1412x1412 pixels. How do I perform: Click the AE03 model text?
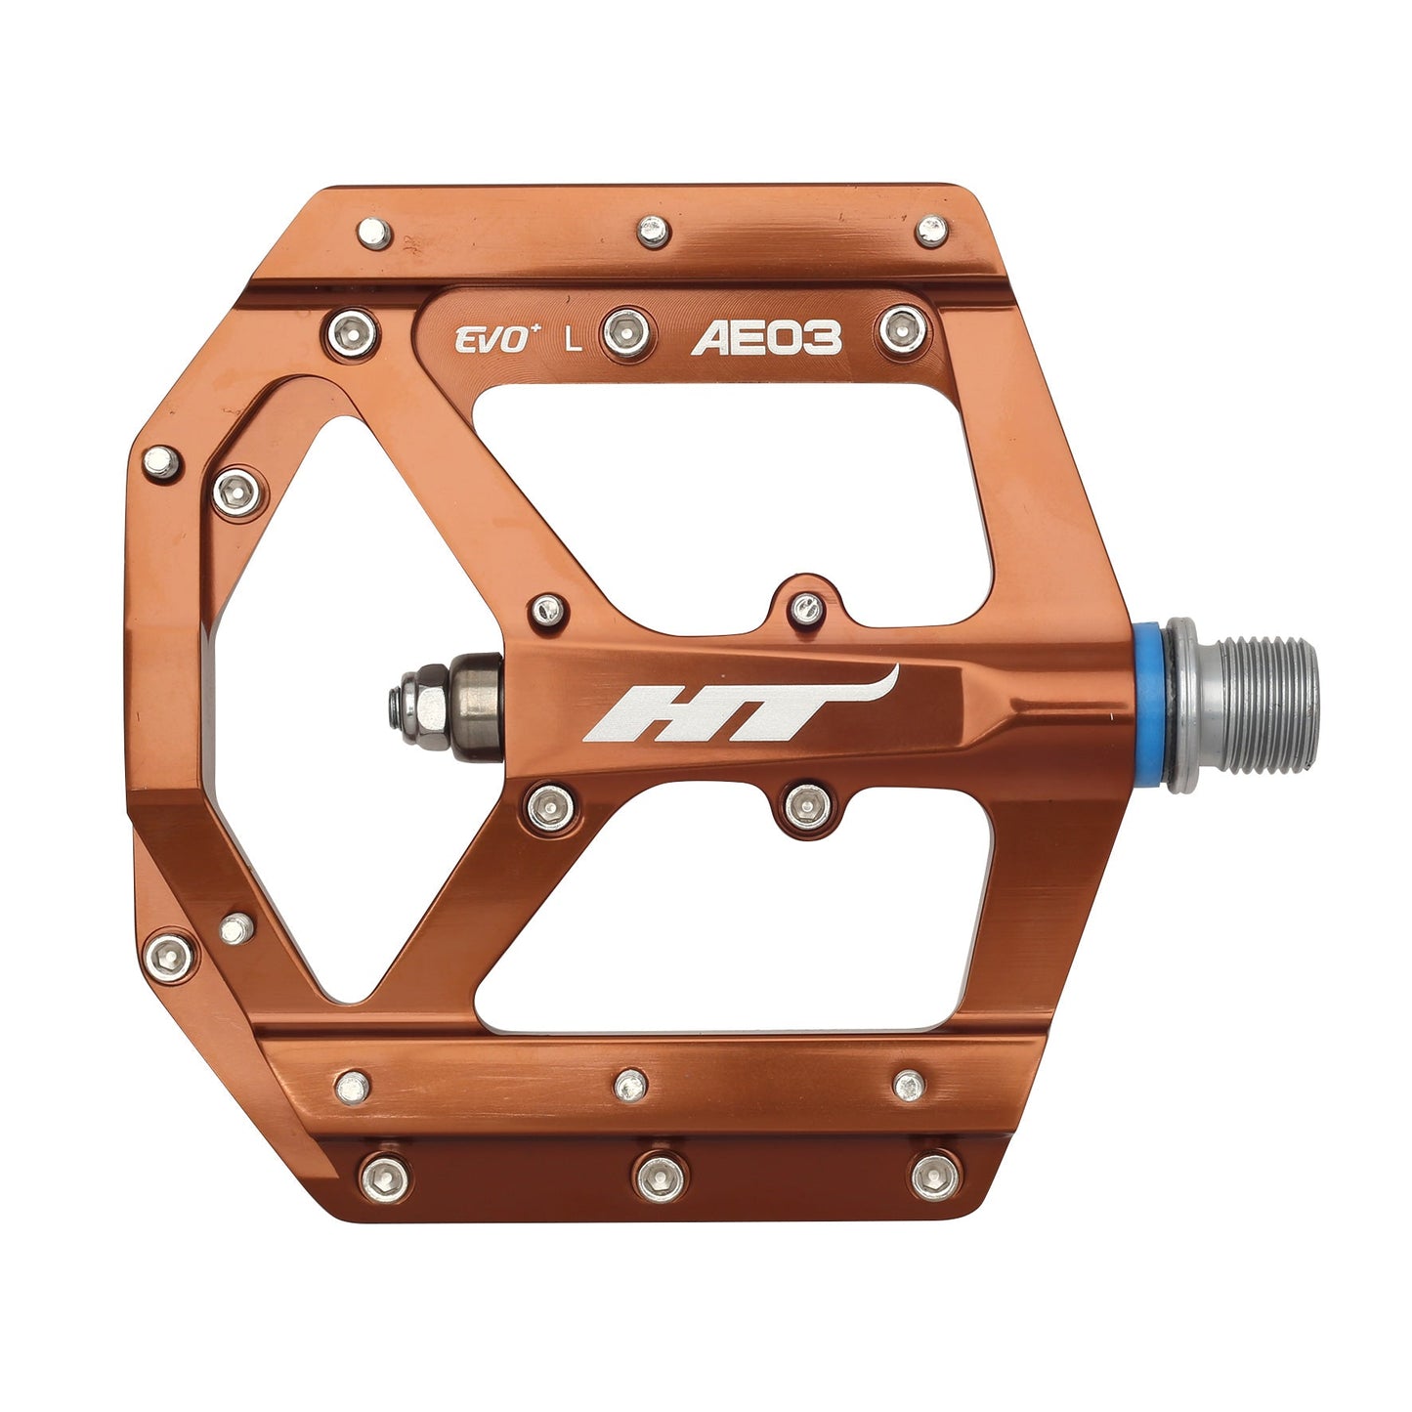coord(765,339)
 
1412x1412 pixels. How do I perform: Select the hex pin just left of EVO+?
coord(353,332)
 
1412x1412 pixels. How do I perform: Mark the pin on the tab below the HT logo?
coord(808,804)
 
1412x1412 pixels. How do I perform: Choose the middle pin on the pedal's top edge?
coord(653,232)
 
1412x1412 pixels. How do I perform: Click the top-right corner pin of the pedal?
coord(930,231)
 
